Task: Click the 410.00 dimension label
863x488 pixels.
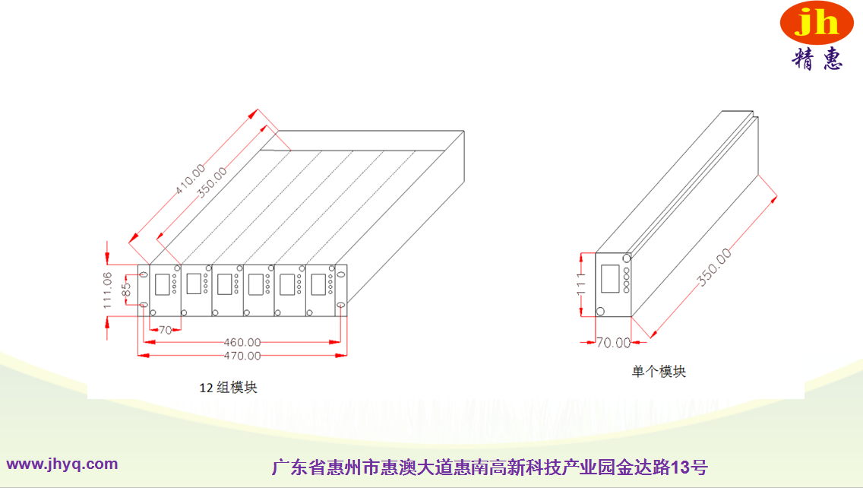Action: click(x=191, y=179)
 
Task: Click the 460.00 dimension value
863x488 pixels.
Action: click(x=242, y=343)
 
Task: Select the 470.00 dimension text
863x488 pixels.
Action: click(x=242, y=356)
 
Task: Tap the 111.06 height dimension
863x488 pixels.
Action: click(x=108, y=290)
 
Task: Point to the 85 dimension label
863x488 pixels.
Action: click(x=127, y=290)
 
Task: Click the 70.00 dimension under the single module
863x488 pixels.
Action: click(x=613, y=343)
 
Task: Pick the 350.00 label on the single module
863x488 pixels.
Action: click(x=715, y=268)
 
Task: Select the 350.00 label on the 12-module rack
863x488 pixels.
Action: click(x=212, y=182)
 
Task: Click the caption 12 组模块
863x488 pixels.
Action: click(x=228, y=388)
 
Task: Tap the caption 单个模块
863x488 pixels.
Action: click(x=659, y=372)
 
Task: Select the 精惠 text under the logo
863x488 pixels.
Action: click(x=817, y=59)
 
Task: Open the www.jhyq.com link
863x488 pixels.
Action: click(x=62, y=464)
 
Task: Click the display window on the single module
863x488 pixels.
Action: click(x=610, y=278)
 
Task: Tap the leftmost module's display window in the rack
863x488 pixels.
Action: click(x=163, y=284)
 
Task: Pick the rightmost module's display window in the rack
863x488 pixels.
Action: click(x=318, y=284)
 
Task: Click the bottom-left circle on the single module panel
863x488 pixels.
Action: click(x=601, y=310)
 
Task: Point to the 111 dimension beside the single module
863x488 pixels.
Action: click(x=582, y=284)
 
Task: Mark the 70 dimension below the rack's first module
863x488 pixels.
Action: click(x=165, y=330)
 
